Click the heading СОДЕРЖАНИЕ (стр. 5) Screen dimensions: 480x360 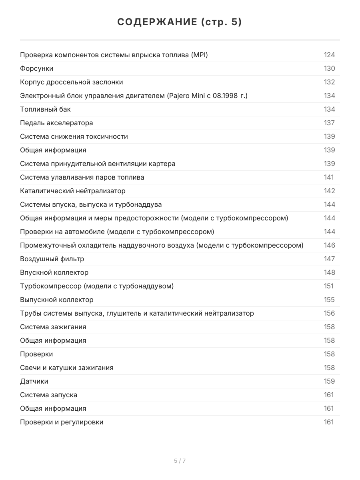180,22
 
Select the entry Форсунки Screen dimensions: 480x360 36,68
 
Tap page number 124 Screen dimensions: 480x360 329,55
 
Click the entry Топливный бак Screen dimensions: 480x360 45,109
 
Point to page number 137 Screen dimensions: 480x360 329,123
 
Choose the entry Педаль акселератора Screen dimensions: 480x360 56,123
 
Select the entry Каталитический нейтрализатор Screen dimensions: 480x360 72,191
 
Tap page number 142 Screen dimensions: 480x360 329,191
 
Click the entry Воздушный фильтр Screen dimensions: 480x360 52,259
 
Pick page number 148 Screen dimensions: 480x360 329,272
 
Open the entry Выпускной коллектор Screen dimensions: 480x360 56,300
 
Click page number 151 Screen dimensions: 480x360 328,286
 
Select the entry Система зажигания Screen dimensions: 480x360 53,327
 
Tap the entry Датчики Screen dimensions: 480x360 34,381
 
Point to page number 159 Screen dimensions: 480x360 329,381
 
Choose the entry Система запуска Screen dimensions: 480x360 48,395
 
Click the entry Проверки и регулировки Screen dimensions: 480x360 62,422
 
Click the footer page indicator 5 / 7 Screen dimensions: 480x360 180,461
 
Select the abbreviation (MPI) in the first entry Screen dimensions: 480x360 199,55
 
